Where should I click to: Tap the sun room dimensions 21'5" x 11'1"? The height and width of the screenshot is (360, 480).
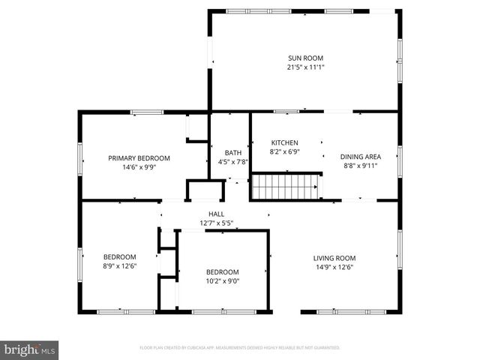[x=305, y=67]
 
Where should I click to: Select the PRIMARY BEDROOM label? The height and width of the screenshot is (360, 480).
[x=139, y=158]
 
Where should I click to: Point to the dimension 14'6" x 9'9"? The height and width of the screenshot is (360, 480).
[x=139, y=167]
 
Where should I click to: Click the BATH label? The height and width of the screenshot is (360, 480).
[x=223, y=153]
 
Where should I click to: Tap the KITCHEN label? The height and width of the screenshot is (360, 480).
[x=284, y=142]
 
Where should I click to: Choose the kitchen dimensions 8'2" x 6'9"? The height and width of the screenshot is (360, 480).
[x=284, y=151]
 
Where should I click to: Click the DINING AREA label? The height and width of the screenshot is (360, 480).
[x=361, y=157]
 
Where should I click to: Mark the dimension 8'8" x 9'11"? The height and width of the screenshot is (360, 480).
[x=361, y=166]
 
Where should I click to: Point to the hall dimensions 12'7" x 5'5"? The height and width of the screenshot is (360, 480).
[x=217, y=223]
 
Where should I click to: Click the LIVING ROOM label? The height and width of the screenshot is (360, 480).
[x=334, y=258]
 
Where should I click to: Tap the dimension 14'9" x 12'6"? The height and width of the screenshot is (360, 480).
[x=334, y=267]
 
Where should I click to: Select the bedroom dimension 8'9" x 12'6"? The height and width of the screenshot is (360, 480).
[x=119, y=265]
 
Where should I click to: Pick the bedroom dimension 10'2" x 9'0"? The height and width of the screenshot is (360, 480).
[x=223, y=281]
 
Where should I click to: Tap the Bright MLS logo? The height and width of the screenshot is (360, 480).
[x=30, y=349]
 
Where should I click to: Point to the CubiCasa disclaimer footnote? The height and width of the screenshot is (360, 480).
[x=240, y=348]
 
